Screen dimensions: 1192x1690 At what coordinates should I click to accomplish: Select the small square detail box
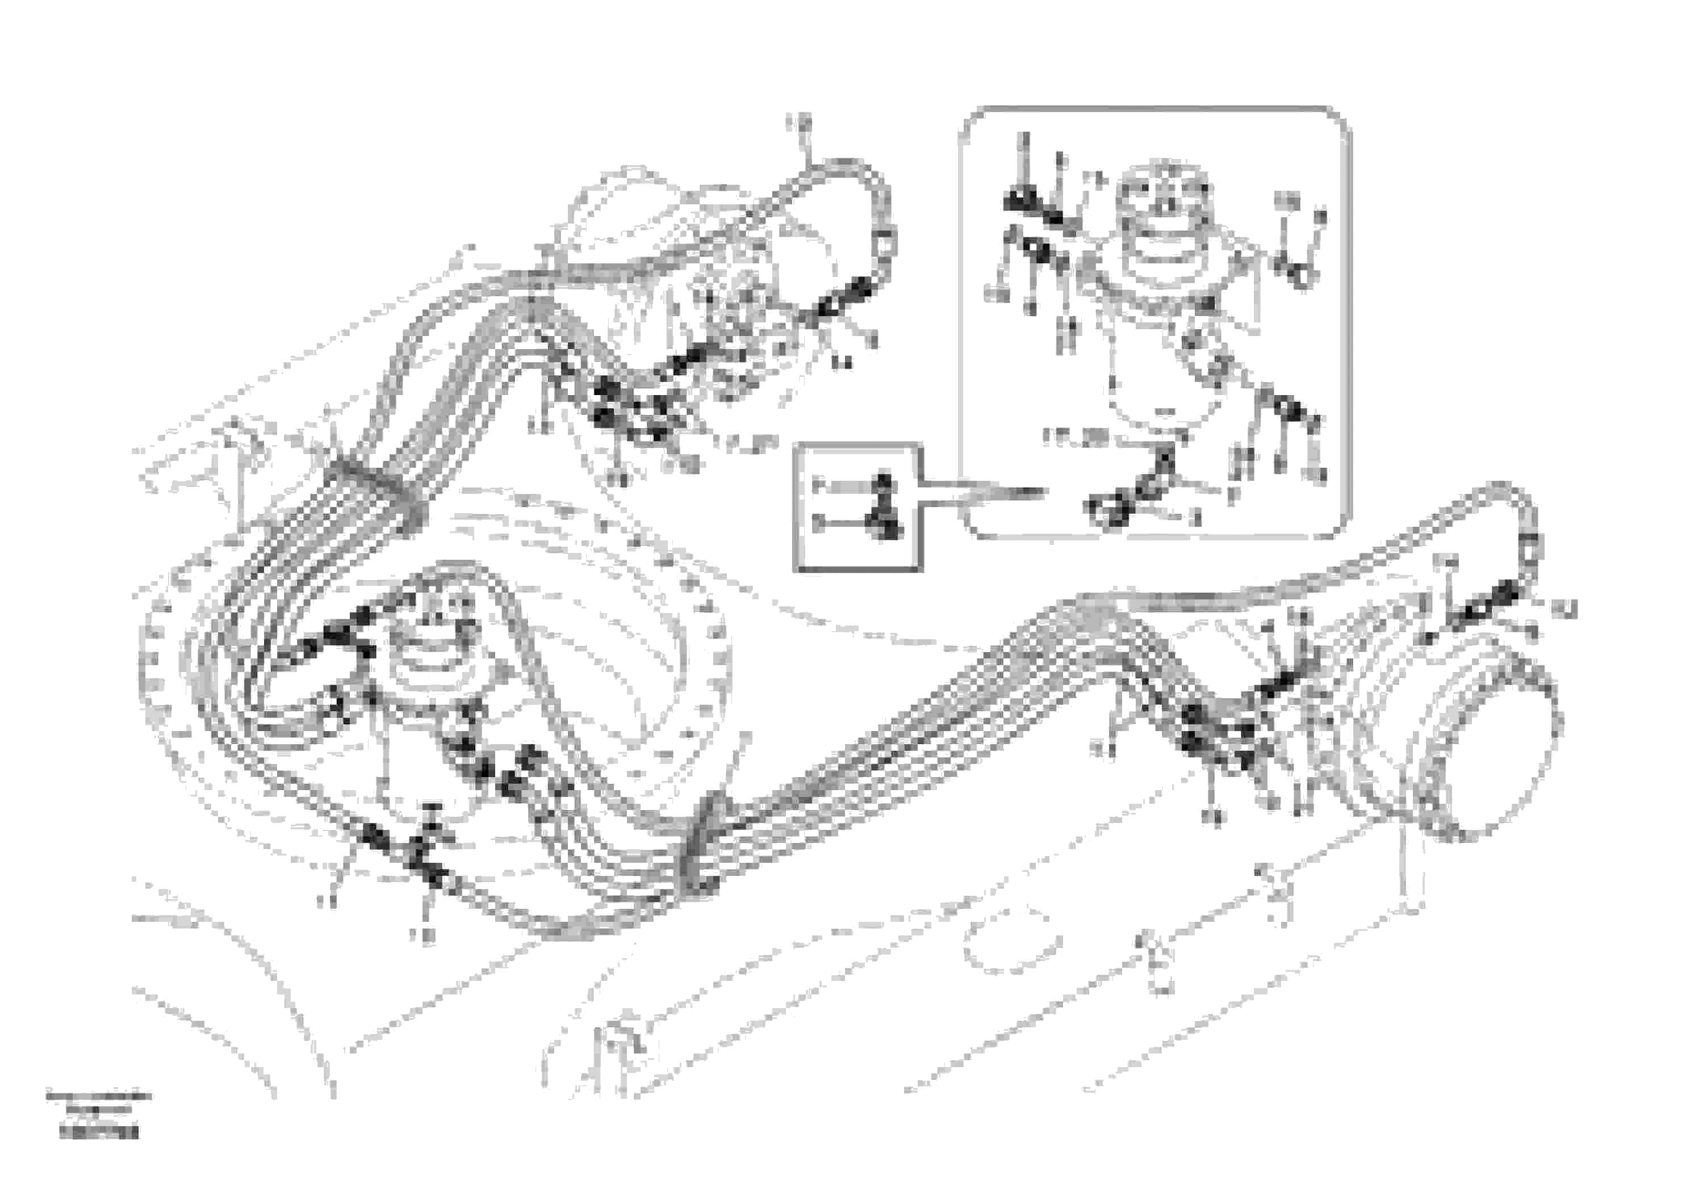(857, 507)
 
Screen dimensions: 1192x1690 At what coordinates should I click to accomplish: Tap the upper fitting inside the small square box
(883, 484)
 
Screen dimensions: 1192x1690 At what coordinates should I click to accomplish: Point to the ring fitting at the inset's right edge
(1300, 276)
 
